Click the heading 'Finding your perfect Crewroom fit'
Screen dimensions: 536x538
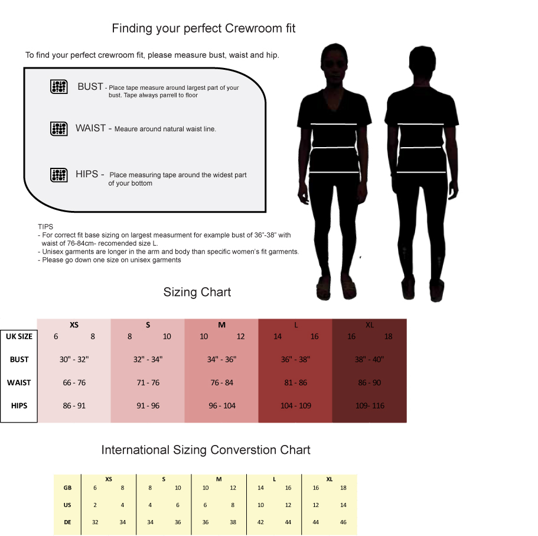point(203,28)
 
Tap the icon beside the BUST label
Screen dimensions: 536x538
point(58,86)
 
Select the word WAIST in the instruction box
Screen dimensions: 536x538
point(90,128)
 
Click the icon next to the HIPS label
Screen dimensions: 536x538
point(58,174)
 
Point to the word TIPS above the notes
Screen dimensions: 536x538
point(45,226)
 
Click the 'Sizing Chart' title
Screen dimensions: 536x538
point(197,292)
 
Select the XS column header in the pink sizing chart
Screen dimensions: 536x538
point(74,324)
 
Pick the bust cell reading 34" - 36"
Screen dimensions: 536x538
point(221,359)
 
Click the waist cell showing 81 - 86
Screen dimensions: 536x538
point(295,382)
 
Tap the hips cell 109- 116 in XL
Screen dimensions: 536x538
point(369,406)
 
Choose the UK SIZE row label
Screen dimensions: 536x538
point(19,336)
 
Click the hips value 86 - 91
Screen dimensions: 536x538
point(74,406)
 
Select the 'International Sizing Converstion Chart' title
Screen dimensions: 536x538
point(206,450)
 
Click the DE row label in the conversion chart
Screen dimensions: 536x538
point(67,522)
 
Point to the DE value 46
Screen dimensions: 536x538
point(344,522)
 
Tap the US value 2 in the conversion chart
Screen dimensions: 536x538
point(94,505)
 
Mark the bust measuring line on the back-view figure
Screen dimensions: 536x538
point(421,124)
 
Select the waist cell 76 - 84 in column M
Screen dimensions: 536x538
point(221,382)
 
